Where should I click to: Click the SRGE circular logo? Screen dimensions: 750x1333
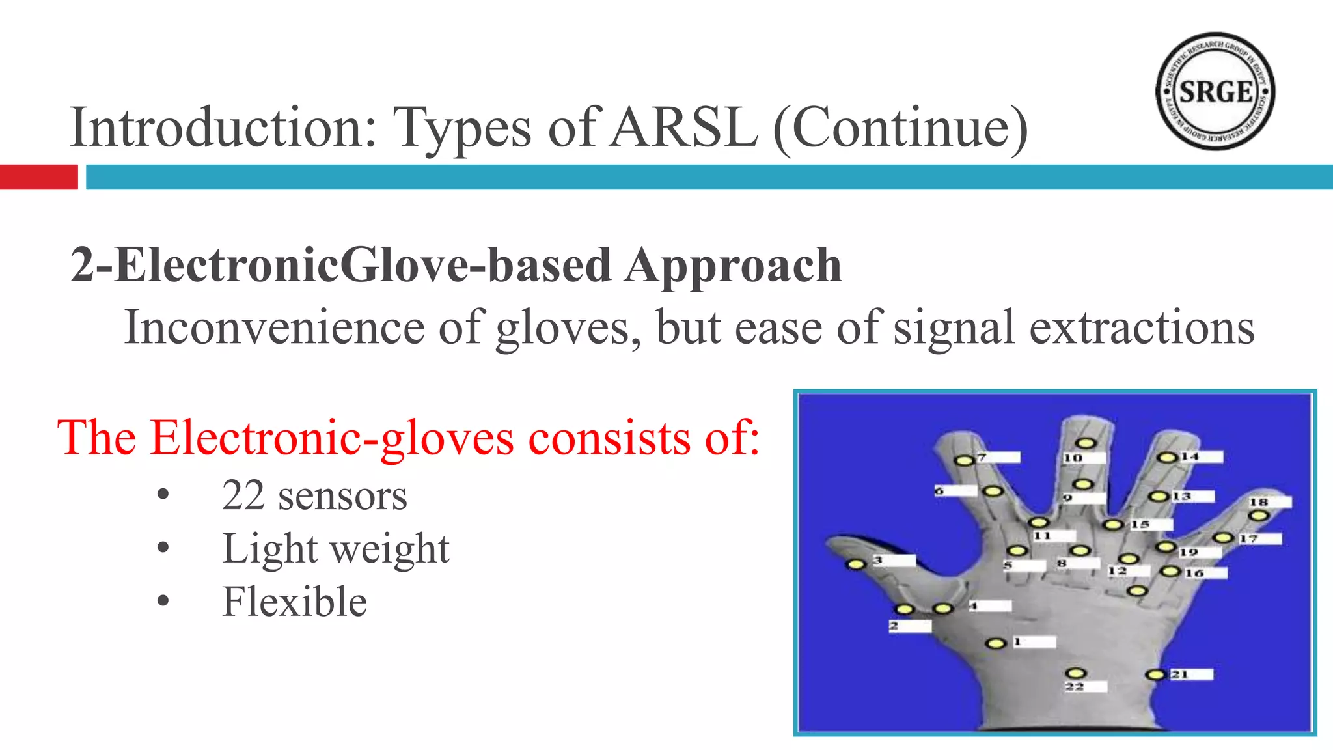tap(1215, 92)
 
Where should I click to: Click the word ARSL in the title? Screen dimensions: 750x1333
tap(685, 128)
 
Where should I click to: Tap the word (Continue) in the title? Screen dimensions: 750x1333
tap(900, 129)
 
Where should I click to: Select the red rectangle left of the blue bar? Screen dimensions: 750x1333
tap(38, 177)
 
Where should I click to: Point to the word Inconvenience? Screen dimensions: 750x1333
tap(274, 327)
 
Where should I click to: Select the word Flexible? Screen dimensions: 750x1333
tap(294, 602)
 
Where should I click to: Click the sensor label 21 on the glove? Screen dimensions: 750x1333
tap(1179, 674)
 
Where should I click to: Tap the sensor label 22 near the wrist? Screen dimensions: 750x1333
tap(1075, 686)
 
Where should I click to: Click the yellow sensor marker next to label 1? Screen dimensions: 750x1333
tap(995, 644)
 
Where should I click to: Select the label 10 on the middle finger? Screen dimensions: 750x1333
tap(1073, 458)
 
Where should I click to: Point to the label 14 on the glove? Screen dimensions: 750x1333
tap(1190, 456)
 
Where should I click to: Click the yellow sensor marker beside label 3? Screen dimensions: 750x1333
tap(856, 564)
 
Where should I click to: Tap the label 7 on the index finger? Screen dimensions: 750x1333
tap(982, 457)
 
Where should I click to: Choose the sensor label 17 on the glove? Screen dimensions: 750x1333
tap(1248, 538)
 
